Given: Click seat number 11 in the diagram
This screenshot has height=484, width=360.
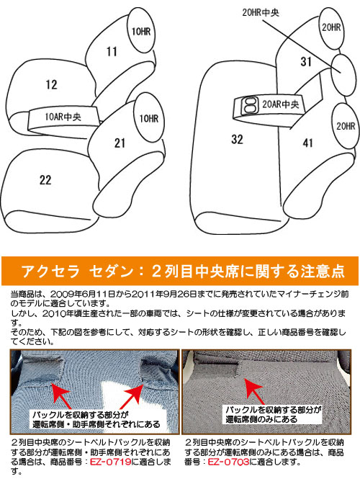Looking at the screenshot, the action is [x=112, y=51].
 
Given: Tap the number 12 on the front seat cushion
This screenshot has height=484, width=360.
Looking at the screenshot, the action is [x=51, y=84].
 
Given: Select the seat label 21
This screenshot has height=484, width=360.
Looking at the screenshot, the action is [x=120, y=143].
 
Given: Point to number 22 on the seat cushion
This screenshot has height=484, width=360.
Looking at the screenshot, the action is [x=45, y=180].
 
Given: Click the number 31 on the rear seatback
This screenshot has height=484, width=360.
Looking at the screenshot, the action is [x=306, y=61].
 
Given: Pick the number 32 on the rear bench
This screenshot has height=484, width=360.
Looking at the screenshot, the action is [x=237, y=139].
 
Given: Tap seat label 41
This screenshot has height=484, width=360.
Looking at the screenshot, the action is [x=307, y=143].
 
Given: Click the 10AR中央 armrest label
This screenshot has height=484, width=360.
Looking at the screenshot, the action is [x=63, y=117].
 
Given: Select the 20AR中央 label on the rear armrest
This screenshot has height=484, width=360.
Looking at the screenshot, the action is [x=280, y=104].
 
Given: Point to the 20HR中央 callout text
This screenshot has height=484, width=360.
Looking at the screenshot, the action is [x=261, y=13].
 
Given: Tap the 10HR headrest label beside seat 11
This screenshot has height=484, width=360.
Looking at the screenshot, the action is [x=141, y=31].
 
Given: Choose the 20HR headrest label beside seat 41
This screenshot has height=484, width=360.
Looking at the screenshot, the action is [x=346, y=126].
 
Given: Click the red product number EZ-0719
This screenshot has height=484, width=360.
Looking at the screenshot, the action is [x=111, y=462].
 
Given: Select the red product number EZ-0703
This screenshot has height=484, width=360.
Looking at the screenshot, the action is [x=228, y=462].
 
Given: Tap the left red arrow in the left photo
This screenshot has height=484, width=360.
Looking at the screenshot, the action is [x=62, y=395].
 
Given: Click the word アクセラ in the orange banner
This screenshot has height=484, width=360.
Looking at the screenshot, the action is [x=51, y=271].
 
